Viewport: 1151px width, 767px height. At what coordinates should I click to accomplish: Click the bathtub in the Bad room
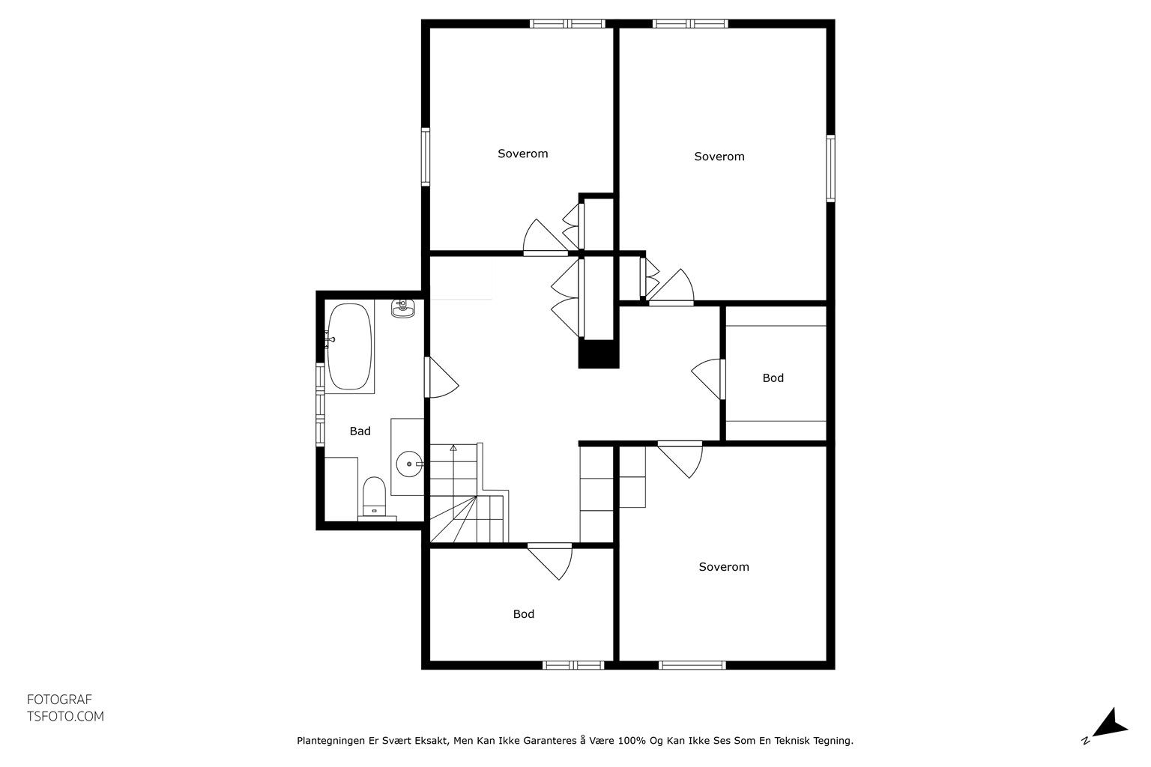coord(349,346)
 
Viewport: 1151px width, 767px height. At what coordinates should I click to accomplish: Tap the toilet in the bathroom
coord(374,497)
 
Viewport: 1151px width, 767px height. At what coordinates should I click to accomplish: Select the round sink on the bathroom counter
coord(410,464)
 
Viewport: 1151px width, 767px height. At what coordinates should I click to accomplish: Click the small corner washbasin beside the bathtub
coord(403,309)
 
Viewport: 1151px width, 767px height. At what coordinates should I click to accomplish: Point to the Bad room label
coord(360,431)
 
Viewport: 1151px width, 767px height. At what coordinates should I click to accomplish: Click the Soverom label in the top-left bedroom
coord(522,154)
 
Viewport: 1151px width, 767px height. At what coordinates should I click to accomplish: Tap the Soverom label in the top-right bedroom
coord(719,157)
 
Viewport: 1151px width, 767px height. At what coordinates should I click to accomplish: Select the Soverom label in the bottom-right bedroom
coord(723,567)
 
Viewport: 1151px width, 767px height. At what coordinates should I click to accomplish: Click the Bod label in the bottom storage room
coord(524,614)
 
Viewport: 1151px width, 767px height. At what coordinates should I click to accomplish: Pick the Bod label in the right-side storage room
coord(773,378)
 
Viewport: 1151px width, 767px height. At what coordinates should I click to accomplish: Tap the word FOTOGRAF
coord(59,699)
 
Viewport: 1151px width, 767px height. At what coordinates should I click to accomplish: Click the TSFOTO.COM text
coord(65,716)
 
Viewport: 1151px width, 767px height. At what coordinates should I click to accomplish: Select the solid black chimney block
coord(598,354)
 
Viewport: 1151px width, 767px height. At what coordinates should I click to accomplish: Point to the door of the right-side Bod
coord(709,379)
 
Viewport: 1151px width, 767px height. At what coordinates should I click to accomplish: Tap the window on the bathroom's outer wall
coord(320,404)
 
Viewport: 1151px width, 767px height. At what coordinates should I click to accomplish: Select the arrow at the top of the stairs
coord(453,449)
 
